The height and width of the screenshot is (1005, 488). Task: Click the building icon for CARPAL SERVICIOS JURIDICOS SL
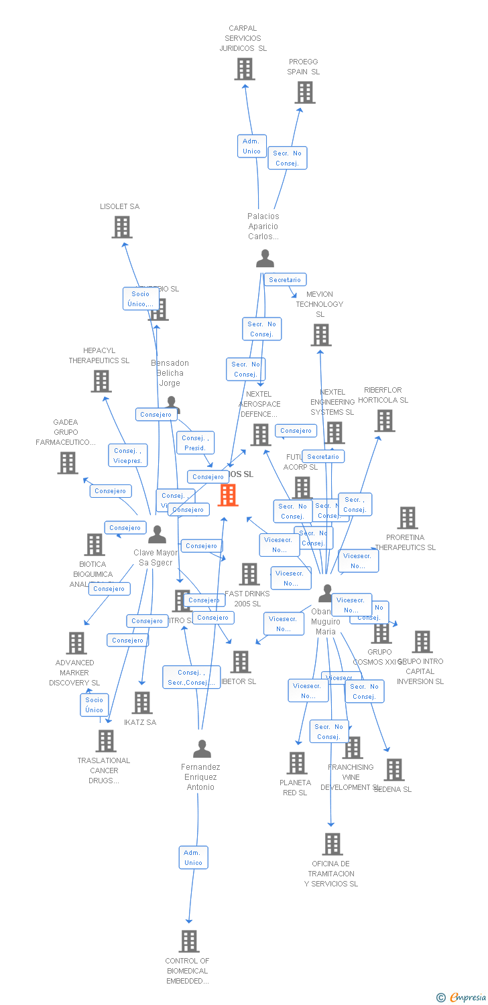[245, 68]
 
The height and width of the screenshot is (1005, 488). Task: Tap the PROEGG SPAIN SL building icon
[305, 92]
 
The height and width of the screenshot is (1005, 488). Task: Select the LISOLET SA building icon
[121, 227]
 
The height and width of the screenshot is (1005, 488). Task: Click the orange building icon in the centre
[228, 495]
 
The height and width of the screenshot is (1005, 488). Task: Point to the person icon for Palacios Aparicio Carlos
[265, 258]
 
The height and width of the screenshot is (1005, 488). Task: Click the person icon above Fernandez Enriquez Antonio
[202, 748]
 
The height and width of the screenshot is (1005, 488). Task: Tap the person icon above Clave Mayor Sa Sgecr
[157, 534]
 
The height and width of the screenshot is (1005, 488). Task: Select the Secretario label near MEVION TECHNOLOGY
[286, 279]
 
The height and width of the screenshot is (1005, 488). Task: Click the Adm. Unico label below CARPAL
[251, 146]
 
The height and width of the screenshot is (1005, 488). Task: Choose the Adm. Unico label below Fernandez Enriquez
[193, 858]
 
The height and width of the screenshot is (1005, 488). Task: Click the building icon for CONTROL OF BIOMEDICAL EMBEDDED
[189, 941]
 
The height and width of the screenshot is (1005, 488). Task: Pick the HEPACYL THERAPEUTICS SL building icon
[101, 381]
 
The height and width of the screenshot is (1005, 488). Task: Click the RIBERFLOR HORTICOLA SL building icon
[384, 421]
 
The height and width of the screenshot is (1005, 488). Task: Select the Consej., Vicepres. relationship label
[127, 456]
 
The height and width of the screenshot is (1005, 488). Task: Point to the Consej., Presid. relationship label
[195, 443]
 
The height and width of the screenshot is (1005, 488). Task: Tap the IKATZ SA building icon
[142, 702]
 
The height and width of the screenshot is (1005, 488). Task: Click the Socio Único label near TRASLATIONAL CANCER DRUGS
[95, 705]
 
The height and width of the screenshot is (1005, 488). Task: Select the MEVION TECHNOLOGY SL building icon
[321, 334]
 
